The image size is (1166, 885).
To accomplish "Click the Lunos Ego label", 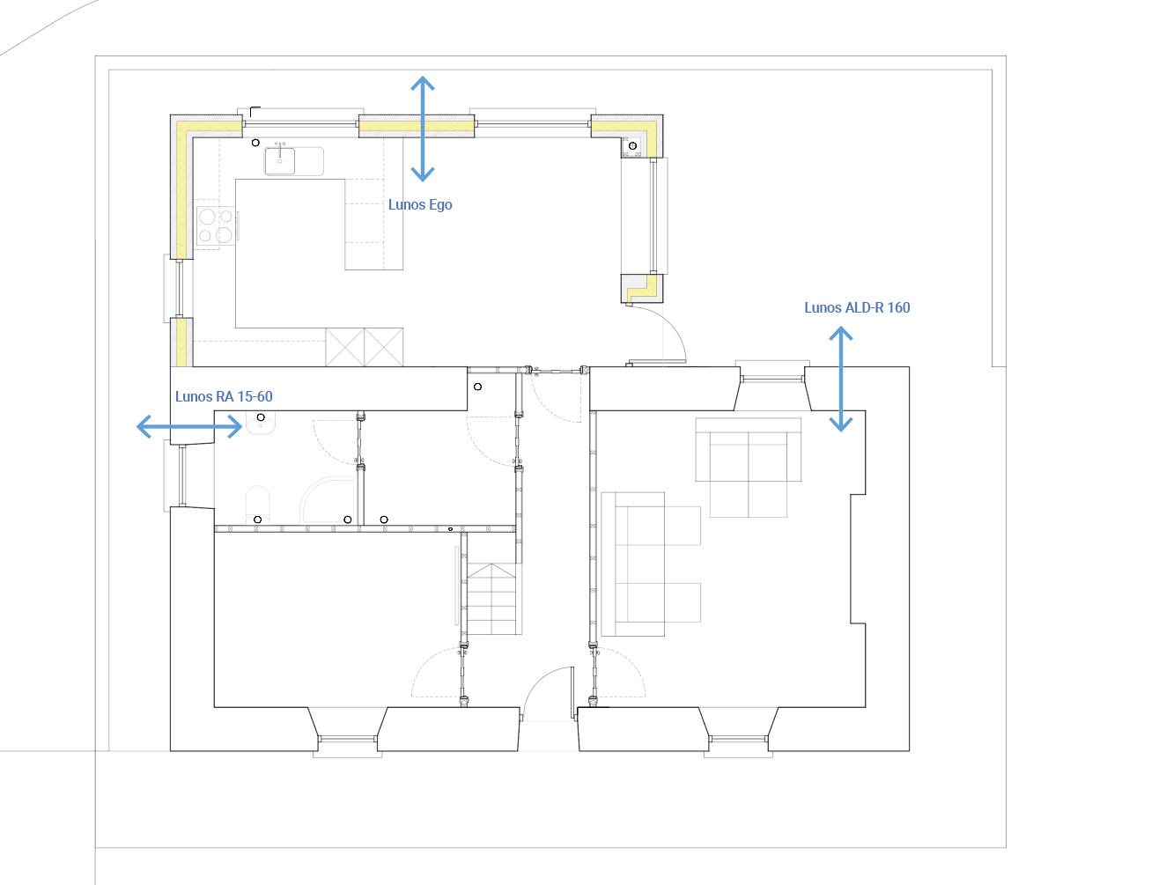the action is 420,204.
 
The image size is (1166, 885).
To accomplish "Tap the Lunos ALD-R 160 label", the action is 856,307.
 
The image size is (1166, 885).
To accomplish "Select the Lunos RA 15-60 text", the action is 224,396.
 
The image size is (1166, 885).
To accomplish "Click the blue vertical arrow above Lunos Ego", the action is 423,129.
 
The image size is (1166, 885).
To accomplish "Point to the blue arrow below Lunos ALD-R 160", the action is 841,379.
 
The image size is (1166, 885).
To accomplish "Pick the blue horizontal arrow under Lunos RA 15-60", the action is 189,426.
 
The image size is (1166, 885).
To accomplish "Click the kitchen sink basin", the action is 279,161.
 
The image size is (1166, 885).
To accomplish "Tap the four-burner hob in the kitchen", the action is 216,225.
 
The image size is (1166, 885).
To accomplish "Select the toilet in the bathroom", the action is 258,505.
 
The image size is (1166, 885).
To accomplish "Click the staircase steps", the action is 491,599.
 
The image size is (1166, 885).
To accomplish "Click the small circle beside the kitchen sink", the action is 255,143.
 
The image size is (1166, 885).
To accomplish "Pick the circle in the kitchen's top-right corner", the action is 632,145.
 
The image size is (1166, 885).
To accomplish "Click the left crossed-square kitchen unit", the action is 344,347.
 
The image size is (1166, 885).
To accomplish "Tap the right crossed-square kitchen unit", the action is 384,347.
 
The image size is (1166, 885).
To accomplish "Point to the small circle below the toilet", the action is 258,520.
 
